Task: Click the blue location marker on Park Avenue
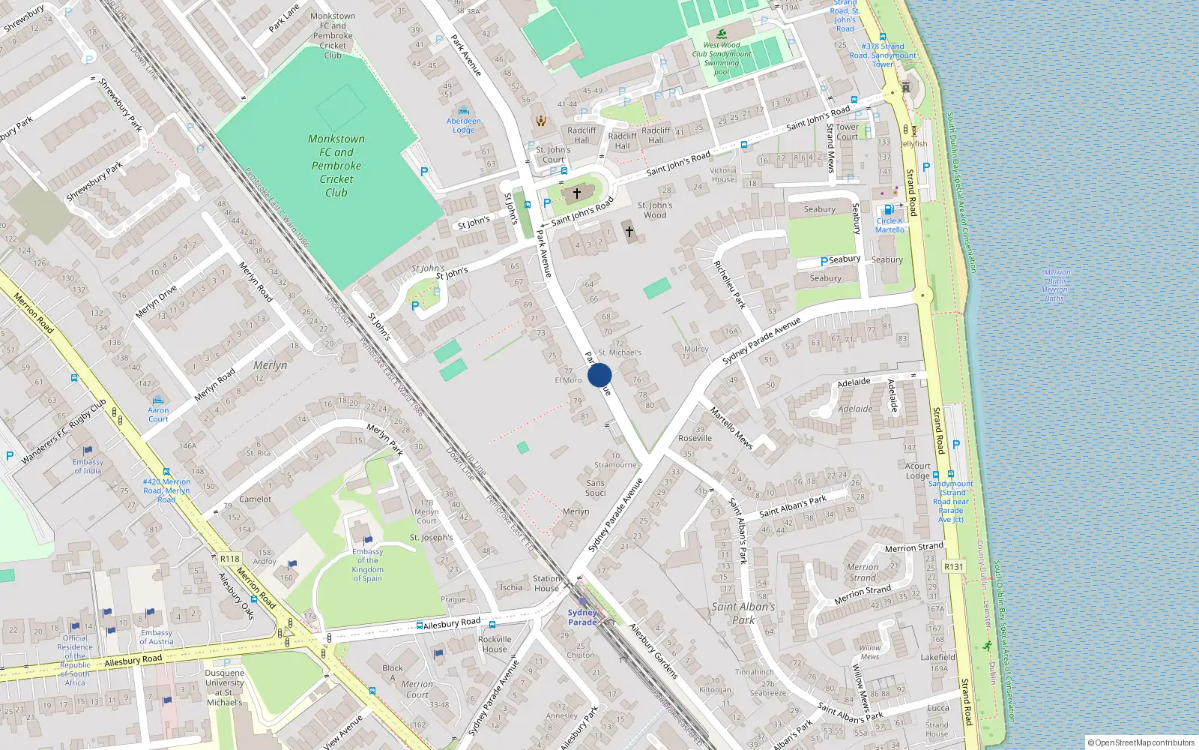[x=599, y=375]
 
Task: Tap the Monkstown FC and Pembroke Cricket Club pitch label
[x=336, y=166]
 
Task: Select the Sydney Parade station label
[x=582, y=617]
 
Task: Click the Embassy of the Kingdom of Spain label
[x=367, y=565]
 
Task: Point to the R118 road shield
[x=230, y=559]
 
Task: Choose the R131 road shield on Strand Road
[x=953, y=567]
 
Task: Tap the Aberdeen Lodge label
[x=464, y=125]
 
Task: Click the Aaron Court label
[x=158, y=414]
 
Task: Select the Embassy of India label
[x=88, y=466]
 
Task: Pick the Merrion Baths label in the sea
[x=1055, y=286]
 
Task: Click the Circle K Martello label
[x=890, y=225]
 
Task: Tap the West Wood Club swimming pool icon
[x=721, y=34]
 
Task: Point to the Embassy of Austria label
[x=156, y=637]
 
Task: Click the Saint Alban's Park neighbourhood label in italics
[x=743, y=613]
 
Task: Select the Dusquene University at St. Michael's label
[x=224, y=688]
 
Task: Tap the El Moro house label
[x=568, y=380]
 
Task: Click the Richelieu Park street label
[x=729, y=285]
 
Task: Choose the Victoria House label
[x=723, y=175]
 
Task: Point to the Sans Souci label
[x=596, y=488]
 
